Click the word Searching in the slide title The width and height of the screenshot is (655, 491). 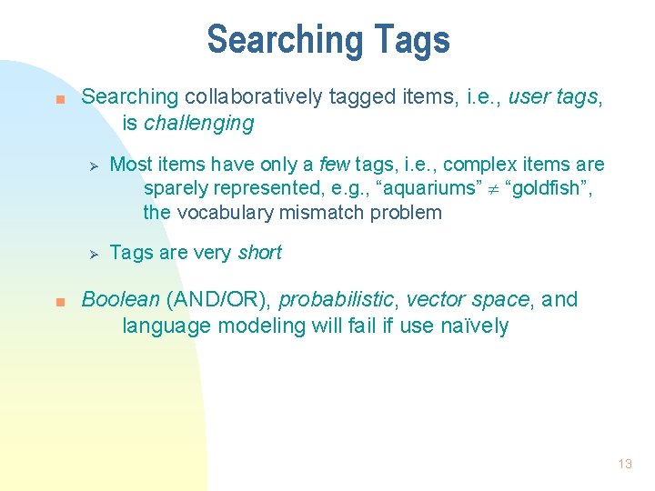point(285,41)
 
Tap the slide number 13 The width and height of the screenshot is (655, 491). point(624,464)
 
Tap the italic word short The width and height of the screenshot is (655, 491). point(259,253)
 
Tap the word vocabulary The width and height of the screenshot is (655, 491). point(233,214)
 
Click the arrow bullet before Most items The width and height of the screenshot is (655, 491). point(90,165)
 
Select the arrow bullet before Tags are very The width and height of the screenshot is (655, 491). point(90,254)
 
